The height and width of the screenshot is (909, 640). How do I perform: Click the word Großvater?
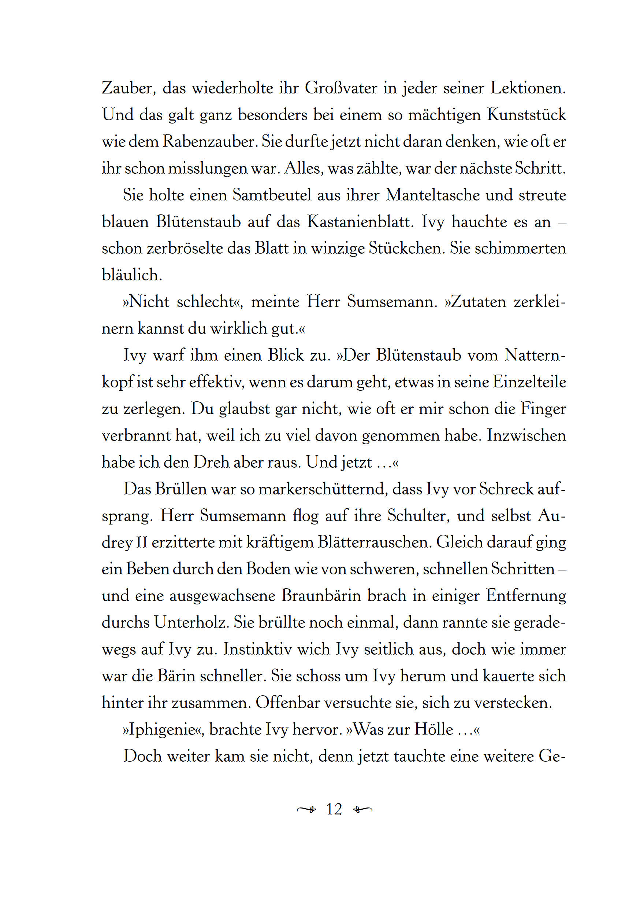[341, 88]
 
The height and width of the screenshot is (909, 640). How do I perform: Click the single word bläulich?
[132, 275]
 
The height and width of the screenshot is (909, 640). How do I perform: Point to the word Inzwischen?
[526, 435]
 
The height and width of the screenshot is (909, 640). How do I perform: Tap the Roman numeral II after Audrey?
[142, 543]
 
